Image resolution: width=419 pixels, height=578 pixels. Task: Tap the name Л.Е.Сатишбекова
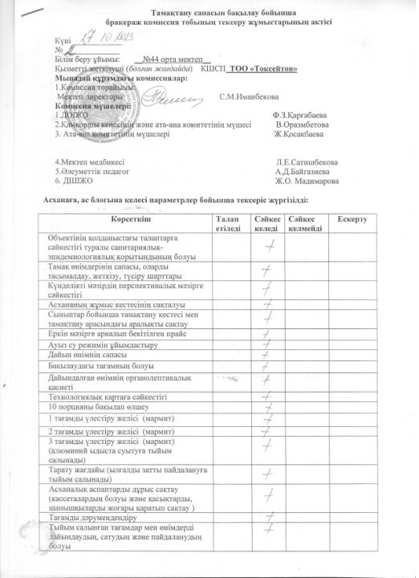pyautogui.click(x=306, y=162)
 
